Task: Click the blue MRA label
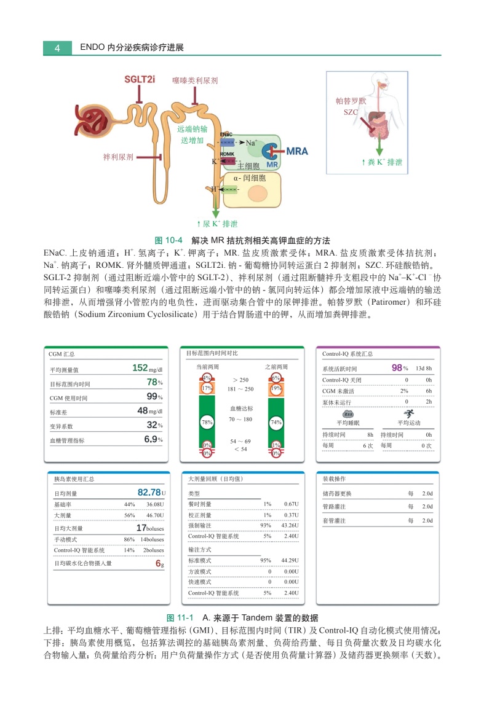coord(297,151)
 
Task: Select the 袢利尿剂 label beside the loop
coord(118,157)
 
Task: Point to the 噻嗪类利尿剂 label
coord(195,80)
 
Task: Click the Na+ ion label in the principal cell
coord(252,143)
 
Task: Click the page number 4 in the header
coord(57,47)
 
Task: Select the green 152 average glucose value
coord(140,368)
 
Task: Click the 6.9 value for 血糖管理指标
coord(151,439)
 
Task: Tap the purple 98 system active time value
coord(397,368)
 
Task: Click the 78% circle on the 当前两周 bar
coord(207,422)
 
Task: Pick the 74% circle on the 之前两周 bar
coord(276,422)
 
